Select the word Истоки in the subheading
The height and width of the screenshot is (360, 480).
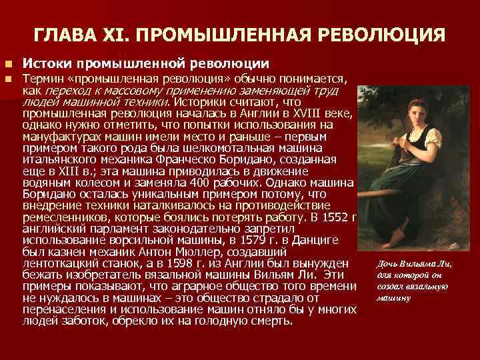(47, 64)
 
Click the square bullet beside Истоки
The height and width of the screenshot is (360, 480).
(8, 64)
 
